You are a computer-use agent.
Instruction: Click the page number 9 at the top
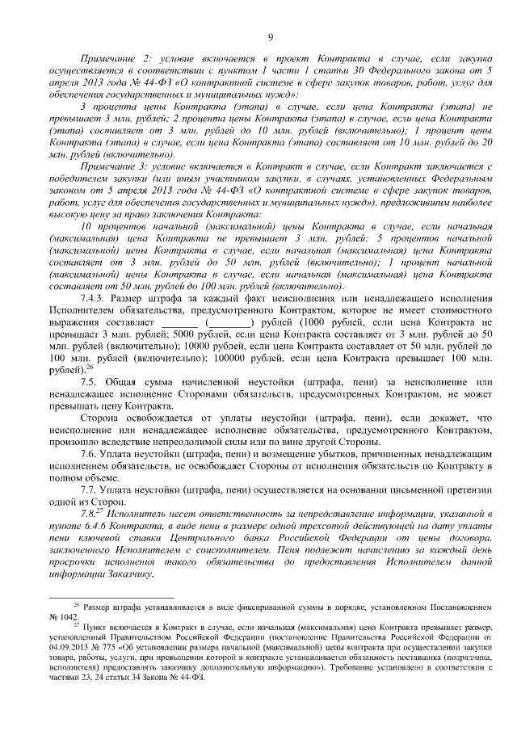point(271,36)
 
